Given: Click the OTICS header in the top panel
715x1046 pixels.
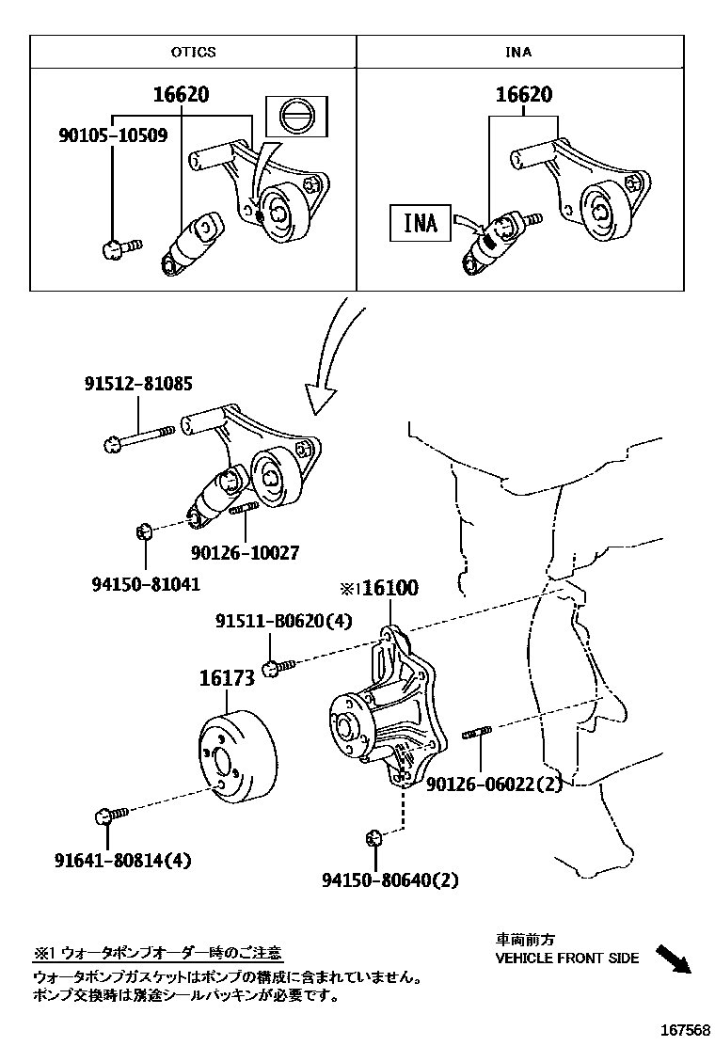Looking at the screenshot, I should point(193,52).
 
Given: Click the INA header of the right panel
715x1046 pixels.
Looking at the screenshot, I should point(518,52).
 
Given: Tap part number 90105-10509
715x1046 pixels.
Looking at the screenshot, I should point(112,135).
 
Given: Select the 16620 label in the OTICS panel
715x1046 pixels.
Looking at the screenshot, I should point(181,95).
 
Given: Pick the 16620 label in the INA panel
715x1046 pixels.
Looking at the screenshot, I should point(524,95).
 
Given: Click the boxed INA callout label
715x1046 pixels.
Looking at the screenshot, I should point(421,223).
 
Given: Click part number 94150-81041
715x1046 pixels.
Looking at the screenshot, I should point(146,583).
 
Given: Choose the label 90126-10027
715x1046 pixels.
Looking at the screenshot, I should point(246,553).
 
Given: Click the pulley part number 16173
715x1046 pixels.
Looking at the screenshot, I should point(227,677).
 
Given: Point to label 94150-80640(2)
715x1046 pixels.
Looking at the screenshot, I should point(389,880).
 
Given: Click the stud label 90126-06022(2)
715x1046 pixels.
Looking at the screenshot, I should point(494,783).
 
